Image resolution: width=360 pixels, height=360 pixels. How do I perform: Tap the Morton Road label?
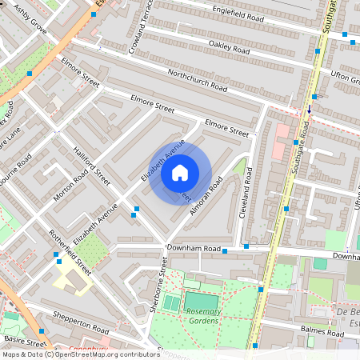[x=69, y=188]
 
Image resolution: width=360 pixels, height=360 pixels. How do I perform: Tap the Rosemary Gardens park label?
[x=191, y=315]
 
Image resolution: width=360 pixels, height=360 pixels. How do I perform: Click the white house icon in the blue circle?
[x=180, y=171]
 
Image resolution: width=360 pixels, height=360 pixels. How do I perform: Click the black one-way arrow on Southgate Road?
[x=310, y=109]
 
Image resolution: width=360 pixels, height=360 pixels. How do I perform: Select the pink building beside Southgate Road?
[x=281, y=140]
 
